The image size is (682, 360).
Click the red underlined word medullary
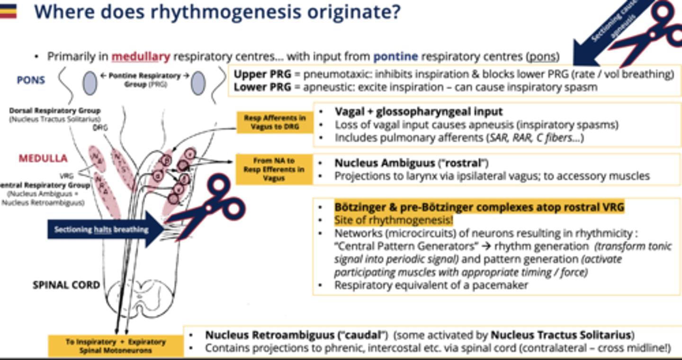tap(141, 57)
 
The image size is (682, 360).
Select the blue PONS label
tap(31, 80)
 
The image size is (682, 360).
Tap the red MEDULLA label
tap(43, 158)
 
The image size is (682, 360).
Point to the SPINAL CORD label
tap(66, 285)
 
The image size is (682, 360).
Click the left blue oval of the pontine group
tap(90, 83)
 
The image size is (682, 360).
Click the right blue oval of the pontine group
tap(198, 83)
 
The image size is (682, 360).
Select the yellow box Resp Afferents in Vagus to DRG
tap(275, 122)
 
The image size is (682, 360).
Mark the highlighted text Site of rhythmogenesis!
tap(393, 220)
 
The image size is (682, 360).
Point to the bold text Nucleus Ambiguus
tap(385, 163)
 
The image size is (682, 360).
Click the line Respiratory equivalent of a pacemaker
tap(431, 285)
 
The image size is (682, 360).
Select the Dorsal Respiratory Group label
tap(54, 111)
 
